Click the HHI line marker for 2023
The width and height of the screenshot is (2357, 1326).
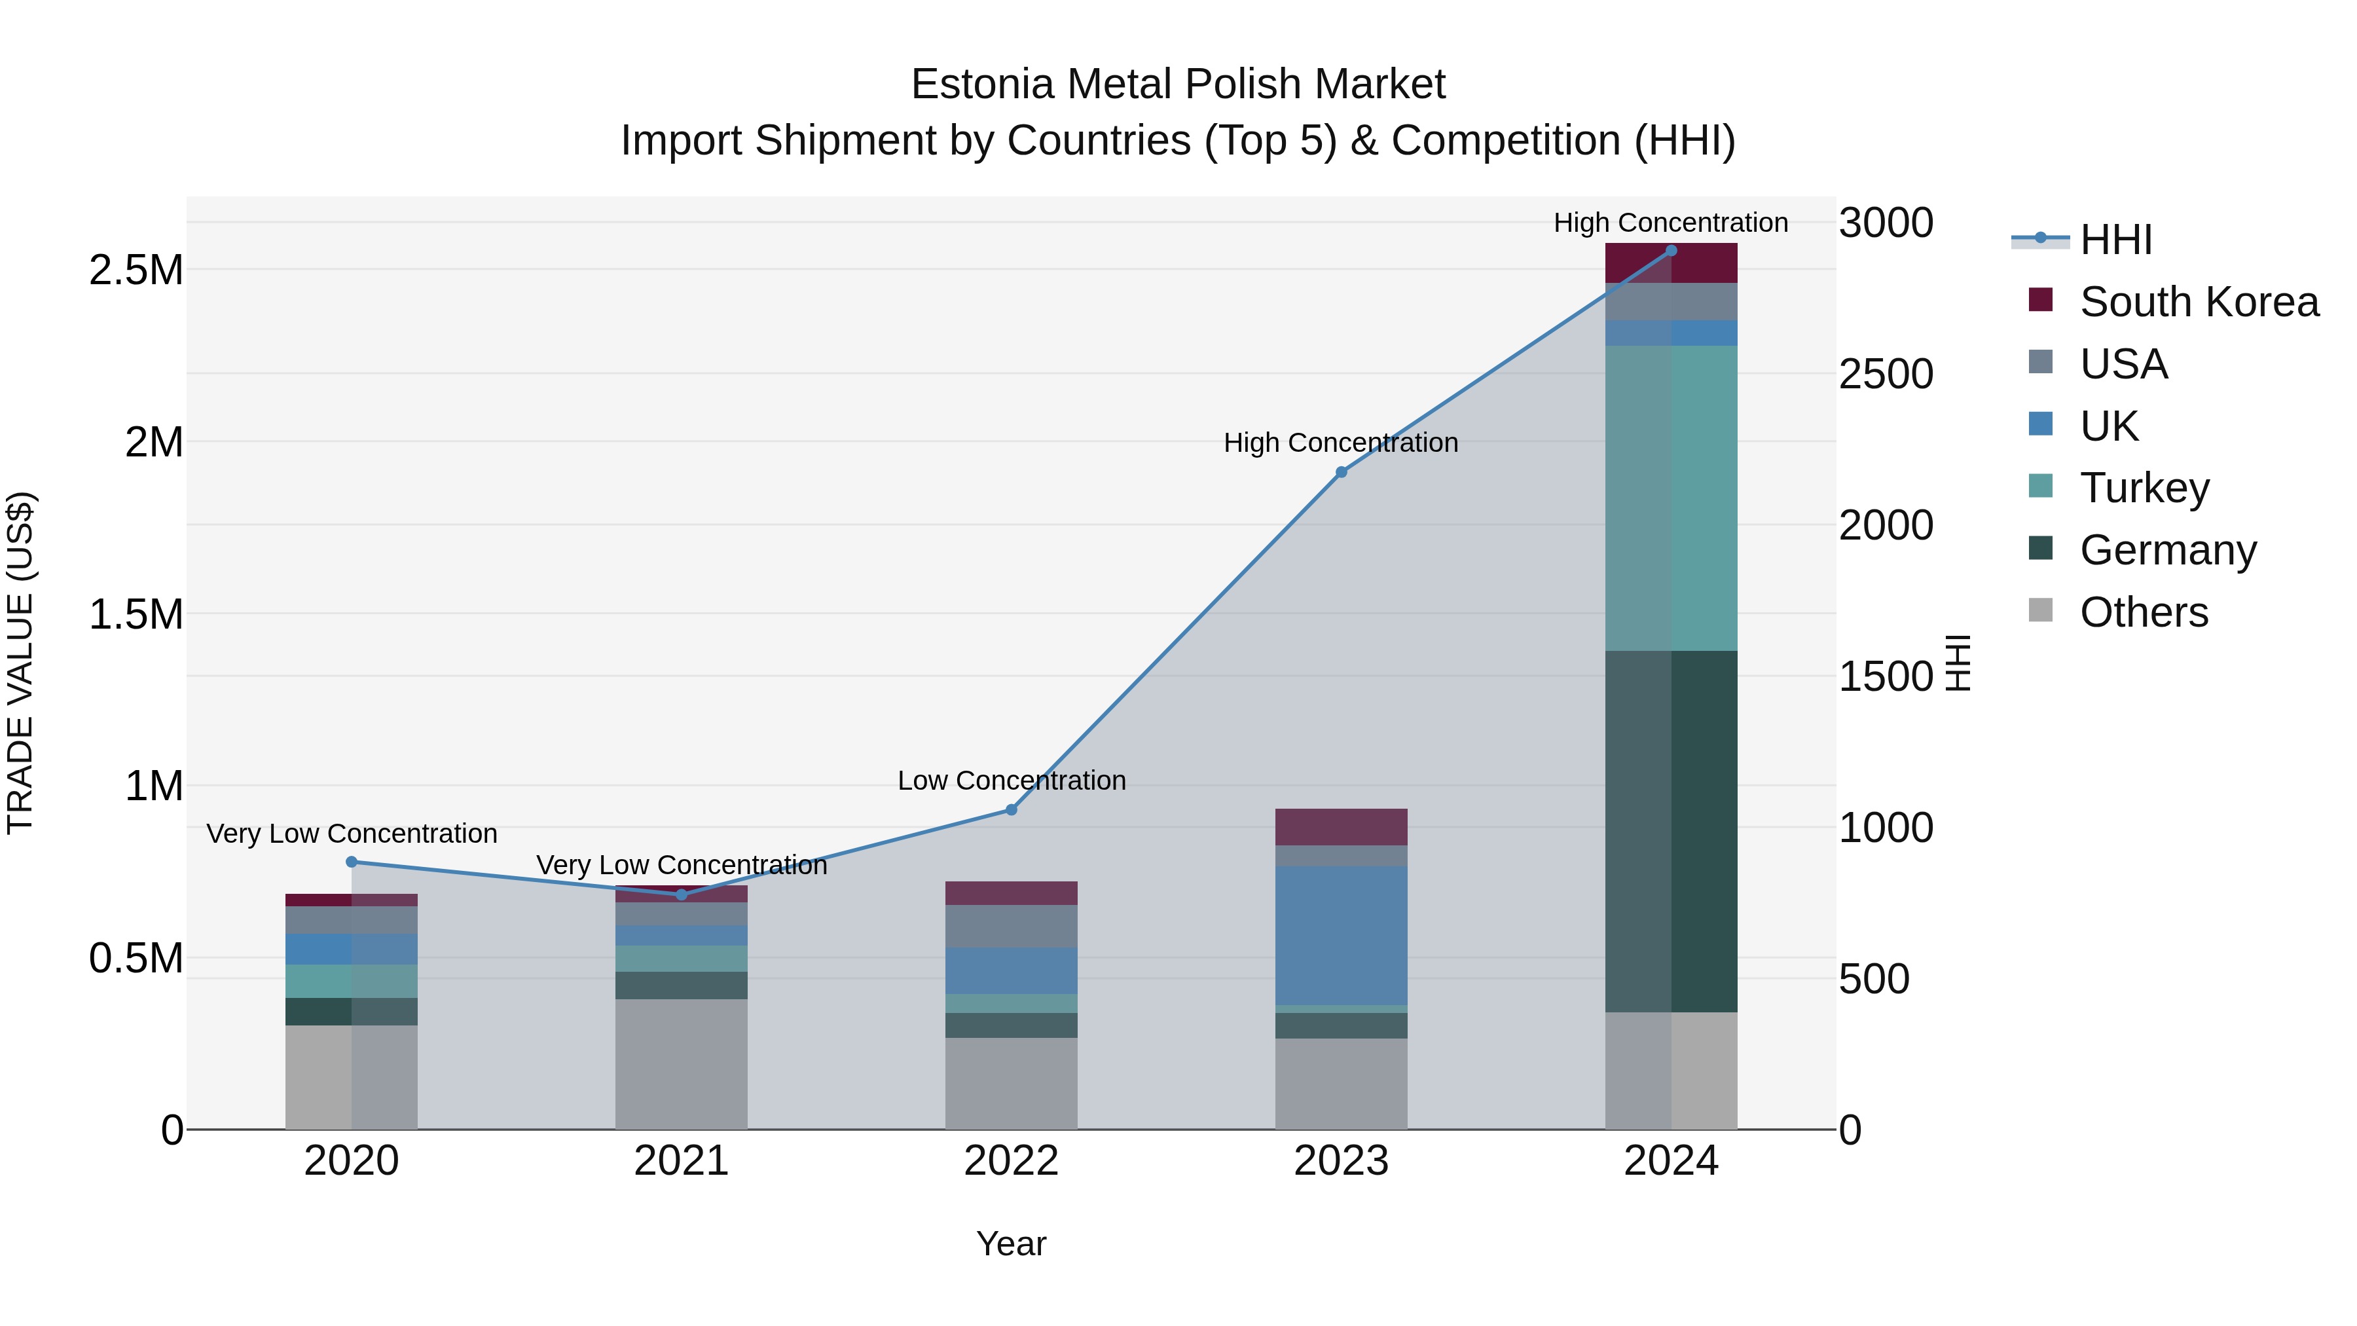pos(1342,472)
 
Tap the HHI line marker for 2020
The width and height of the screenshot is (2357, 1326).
pos(352,862)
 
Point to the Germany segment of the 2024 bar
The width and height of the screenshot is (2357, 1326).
pos(1671,831)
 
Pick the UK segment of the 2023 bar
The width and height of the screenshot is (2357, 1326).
pos(1342,935)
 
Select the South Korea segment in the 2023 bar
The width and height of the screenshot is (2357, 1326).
pos(1342,827)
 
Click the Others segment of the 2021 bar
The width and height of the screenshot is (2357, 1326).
pos(681,1064)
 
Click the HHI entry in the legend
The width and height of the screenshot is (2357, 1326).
pos(2115,240)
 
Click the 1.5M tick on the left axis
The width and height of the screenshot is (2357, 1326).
pos(136,614)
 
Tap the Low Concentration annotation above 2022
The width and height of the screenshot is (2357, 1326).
pos(1011,781)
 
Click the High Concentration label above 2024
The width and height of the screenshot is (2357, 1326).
pos(1671,223)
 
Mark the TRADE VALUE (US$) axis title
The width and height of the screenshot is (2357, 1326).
pos(20,663)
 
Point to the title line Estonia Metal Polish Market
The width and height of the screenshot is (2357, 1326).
pos(1178,84)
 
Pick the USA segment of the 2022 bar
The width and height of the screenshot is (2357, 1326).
pos(1011,926)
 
